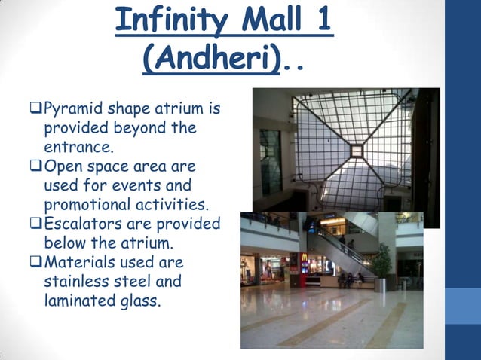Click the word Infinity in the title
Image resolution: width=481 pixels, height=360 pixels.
tap(170, 20)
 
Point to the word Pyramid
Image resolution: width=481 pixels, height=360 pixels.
tap(75, 109)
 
